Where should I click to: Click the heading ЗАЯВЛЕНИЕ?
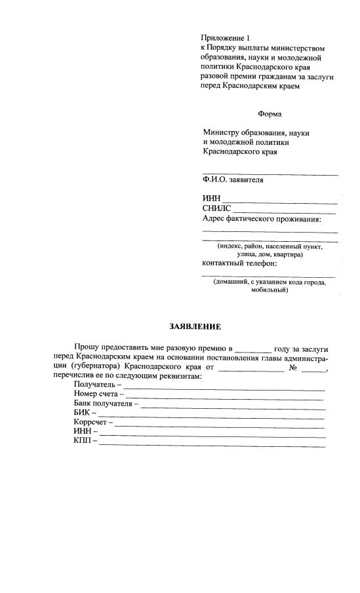tap(195, 326)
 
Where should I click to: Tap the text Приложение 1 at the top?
tap(226, 39)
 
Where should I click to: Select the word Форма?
tap(269, 114)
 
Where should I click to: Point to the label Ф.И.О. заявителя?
tap(233, 180)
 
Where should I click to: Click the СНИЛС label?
tap(216, 208)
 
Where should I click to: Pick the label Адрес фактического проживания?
tap(262, 219)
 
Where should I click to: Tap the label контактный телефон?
tap(239, 263)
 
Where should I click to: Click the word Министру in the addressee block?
tap(221, 133)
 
